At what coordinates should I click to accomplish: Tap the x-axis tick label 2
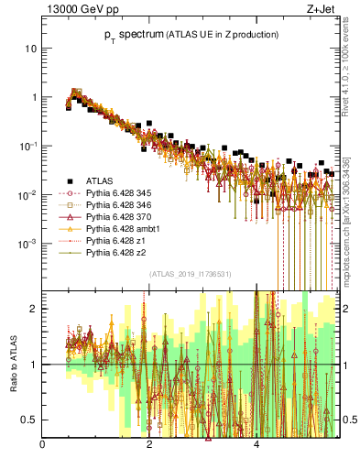coord(150,446)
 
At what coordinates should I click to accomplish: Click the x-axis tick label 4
coord(256,446)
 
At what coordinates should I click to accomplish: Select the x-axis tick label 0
coord(43,446)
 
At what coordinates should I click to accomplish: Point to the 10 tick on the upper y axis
coord(31,48)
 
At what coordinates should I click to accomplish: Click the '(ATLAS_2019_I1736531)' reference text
coord(191,274)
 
